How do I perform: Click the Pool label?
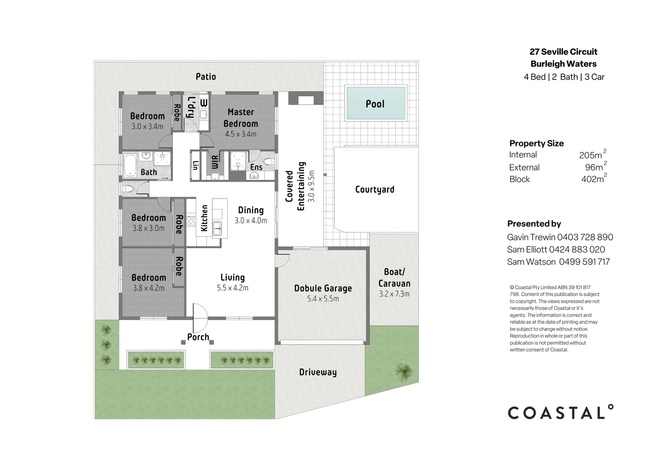point(375,104)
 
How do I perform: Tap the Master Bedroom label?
point(240,118)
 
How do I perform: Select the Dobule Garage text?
point(323,288)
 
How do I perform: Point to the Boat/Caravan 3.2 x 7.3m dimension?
point(394,294)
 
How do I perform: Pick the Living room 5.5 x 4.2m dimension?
point(233,288)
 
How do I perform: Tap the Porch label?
point(198,337)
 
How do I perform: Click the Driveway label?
point(318,372)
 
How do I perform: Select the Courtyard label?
point(374,189)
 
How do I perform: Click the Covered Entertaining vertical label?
point(295,186)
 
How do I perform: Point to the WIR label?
point(215,163)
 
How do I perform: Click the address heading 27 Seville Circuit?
point(563,52)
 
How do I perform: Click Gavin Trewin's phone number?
point(585,237)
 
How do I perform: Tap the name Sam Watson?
point(531,262)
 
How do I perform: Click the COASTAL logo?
point(560,413)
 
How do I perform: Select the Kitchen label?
point(205,218)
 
